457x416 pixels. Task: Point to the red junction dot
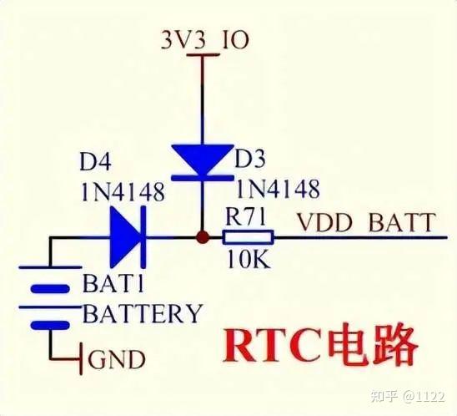[x=200, y=238]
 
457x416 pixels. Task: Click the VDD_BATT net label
[x=365, y=223]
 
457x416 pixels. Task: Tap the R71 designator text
[x=246, y=216]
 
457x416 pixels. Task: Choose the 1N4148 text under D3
[x=278, y=189]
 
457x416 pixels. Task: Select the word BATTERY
[x=142, y=314]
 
